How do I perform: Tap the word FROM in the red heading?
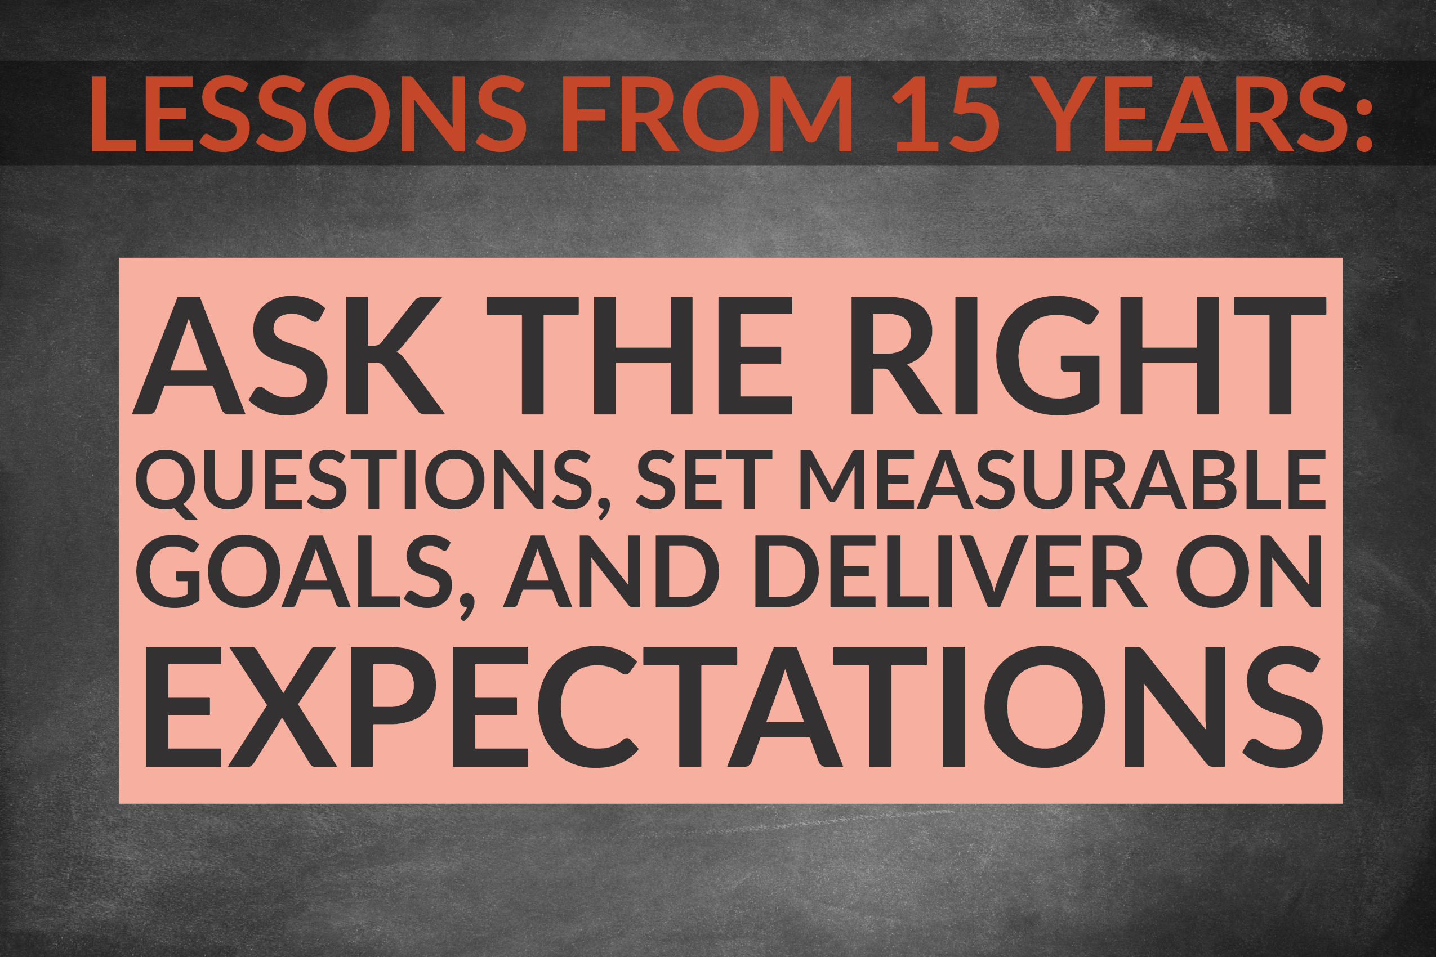click(707, 114)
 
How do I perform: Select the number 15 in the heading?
click(945, 114)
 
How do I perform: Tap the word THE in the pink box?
click(639, 356)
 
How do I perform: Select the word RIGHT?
click(1087, 356)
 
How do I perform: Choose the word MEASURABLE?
click(1062, 480)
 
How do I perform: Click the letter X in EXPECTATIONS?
click(282, 706)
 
